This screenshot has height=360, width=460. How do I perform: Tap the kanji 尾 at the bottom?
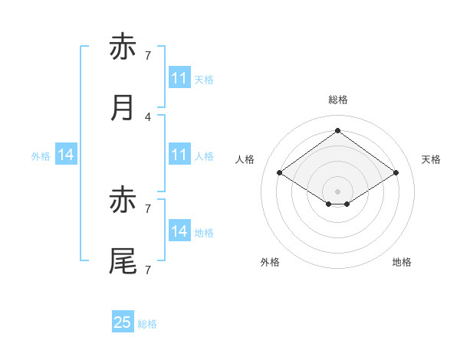tap(123, 261)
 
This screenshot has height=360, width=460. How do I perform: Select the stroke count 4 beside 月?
tap(148, 117)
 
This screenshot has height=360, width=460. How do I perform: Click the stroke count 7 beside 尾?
tap(148, 270)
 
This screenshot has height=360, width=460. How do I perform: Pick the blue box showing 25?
tap(123, 321)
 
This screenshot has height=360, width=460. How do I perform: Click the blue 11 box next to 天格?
tap(180, 77)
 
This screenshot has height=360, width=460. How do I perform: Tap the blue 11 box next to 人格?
tap(180, 154)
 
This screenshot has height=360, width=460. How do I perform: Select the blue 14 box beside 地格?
tap(180, 230)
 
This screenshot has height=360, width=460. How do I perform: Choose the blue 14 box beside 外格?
tap(66, 154)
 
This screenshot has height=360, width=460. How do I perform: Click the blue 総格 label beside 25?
tap(147, 324)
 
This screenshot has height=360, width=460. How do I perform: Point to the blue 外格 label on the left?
tap(41, 156)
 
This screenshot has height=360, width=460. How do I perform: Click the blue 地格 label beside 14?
tap(204, 233)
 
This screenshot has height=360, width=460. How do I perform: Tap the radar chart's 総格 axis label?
tap(338, 100)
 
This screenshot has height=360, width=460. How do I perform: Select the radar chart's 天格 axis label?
tap(431, 159)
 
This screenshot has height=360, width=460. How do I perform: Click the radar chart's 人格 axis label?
tap(245, 159)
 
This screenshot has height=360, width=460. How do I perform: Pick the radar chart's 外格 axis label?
tap(270, 262)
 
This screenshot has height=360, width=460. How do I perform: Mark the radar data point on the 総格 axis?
tap(337, 130)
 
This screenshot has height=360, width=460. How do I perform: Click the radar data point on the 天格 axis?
tap(396, 172)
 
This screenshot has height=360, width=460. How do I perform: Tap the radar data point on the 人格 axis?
tap(280, 172)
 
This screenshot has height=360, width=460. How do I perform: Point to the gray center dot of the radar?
tap(337, 191)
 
